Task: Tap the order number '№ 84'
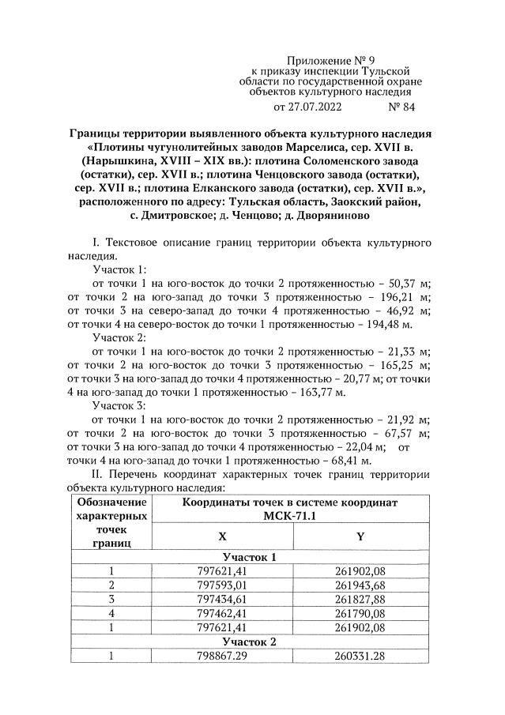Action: click(x=401, y=105)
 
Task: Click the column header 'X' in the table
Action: click(x=222, y=536)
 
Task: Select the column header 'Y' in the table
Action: click(x=360, y=536)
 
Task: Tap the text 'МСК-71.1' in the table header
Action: click(x=291, y=516)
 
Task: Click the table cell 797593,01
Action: click(x=222, y=585)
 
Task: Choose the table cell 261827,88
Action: click(x=360, y=600)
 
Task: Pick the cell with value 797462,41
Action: click(x=222, y=614)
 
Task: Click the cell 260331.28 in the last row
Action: click(x=360, y=656)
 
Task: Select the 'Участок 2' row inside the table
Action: click(x=251, y=642)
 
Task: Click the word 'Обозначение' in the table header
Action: click(x=111, y=502)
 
